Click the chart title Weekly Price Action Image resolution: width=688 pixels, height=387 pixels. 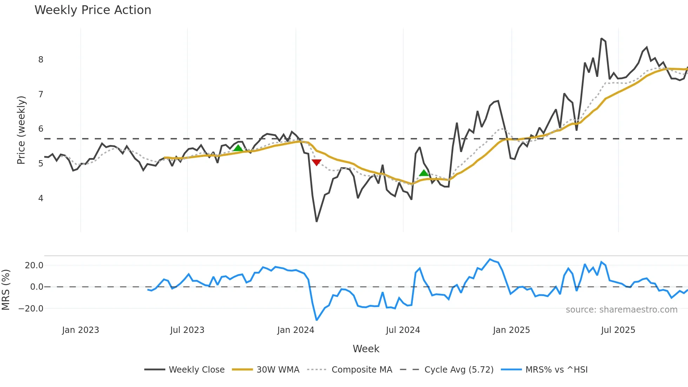(93, 10)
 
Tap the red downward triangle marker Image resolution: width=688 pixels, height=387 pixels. (317, 162)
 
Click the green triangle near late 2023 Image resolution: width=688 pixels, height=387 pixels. (238, 148)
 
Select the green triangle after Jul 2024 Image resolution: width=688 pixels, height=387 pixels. (424, 173)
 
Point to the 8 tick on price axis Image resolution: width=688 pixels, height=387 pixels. (41, 60)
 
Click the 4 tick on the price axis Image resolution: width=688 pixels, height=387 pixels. (41, 198)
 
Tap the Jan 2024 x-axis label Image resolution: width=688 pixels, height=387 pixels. (296, 330)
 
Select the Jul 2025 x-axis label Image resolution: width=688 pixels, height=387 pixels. (618, 330)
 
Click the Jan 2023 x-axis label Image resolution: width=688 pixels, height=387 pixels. (80, 330)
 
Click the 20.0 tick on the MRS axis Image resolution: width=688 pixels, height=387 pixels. (34, 265)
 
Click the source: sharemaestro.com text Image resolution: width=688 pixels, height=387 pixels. (621, 310)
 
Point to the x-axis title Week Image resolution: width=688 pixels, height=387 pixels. (366, 349)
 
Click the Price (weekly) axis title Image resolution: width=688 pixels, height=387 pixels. (21, 130)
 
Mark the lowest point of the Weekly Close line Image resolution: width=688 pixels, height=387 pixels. (317, 221)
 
